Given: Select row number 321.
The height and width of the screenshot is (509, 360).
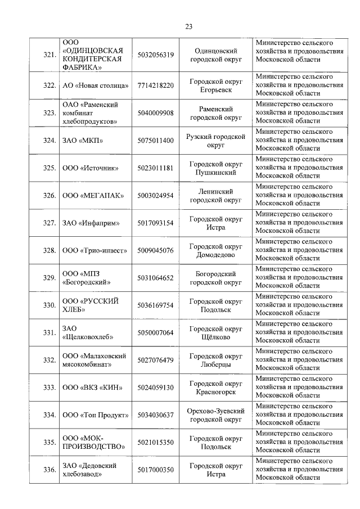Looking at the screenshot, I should pyautogui.click(x=49, y=55).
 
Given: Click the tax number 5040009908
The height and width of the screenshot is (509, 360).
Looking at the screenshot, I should pyautogui.click(x=155, y=113).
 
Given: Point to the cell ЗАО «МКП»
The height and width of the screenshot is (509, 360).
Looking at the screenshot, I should pyautogui.click(x=82, y=141).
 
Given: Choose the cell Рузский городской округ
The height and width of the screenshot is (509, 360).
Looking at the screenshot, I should pyautogui.click(x=216, y=141).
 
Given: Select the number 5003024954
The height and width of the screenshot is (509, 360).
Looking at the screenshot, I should pyautogui.click(x=155, y=196).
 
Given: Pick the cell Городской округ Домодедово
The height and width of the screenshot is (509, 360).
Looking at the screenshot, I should pyautogui.click(x=216, y=251).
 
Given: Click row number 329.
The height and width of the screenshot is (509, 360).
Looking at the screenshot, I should pyautogui.click(x=49, y=278).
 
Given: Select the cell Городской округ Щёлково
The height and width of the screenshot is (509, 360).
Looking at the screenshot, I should pyautogui.click(x=216, y=333).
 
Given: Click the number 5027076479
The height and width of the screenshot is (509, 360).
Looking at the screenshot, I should pyautogui.click(x=155, y=361).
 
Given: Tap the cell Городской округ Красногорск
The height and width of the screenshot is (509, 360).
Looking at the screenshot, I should pyautogui.click(x=216, y=388).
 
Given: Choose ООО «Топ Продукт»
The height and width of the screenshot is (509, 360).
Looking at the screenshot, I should pyautogui.click(x=95, y=415).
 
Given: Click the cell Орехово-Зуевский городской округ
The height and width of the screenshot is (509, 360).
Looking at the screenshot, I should pyautogui.click(x=216, y=415).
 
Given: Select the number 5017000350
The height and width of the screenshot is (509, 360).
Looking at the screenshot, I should pyautogui.click(x=155, y=470).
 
